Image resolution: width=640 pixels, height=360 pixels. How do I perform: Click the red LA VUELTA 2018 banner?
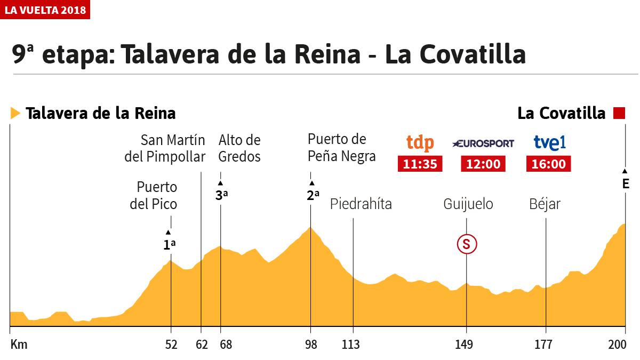[x=45, y=10]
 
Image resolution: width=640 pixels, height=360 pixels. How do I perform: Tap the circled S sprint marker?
[x=466, y=244]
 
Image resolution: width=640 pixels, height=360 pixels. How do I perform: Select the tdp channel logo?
[x=420, y=143]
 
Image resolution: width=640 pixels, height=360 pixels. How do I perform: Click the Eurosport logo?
[x=483, y=143]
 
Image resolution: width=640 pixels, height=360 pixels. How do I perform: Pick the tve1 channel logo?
[x=549, y=143]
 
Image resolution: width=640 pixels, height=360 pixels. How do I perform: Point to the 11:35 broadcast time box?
[x=420, y=164]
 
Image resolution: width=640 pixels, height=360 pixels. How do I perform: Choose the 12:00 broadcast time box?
[x=483, y=164]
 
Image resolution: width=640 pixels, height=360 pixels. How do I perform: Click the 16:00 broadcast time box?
[x=549, y=164]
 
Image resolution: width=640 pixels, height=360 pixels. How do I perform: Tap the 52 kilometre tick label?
[x=171, y=345]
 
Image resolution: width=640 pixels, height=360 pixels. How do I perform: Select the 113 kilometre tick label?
[x=350, y=345]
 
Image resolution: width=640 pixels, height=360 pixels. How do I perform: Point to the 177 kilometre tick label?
[x=545, y=345]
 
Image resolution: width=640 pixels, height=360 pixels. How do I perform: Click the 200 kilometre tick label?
[x=618, y=345]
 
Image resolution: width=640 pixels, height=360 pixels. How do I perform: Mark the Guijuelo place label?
[x=468, y=204]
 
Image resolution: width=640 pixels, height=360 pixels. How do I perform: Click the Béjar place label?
[x=545, y=204]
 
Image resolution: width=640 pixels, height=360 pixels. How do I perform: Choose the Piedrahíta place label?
[x=361, y=204]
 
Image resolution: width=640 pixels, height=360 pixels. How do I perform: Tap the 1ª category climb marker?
[x=169, y=245]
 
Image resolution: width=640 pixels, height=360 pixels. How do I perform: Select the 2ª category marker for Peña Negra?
[x=313, y=195]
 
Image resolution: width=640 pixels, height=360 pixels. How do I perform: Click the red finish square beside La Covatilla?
[x=619, y=113]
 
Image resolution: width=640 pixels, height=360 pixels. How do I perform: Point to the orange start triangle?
[x=15, y=113]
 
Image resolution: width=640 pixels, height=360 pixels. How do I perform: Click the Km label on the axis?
[x=19, y=345]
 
